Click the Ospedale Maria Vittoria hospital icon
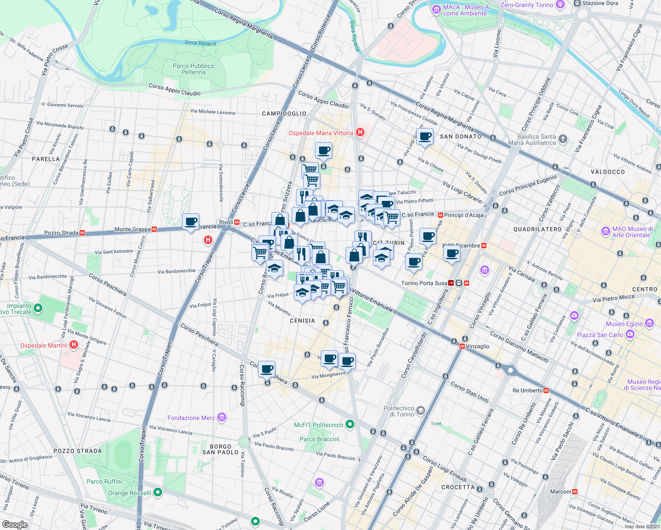[360, 132]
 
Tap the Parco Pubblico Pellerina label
[194, 69]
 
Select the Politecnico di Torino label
[399, 411]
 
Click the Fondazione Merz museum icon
[222, 417]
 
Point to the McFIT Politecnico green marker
[350, 424]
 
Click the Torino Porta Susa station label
[424, 283]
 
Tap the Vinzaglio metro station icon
[462, 346]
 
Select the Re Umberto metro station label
[527, 390]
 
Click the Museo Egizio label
[624, 324]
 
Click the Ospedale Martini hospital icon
[74, 345]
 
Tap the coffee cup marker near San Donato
[425, 136]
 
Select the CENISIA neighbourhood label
[302, 321]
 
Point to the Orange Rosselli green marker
[158, 492]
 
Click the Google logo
[15, 525]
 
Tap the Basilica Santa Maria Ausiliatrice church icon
[562, 139]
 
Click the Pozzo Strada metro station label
[61, 233]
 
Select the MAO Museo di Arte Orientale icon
[605, 231]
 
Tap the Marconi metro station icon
[575, 492]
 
